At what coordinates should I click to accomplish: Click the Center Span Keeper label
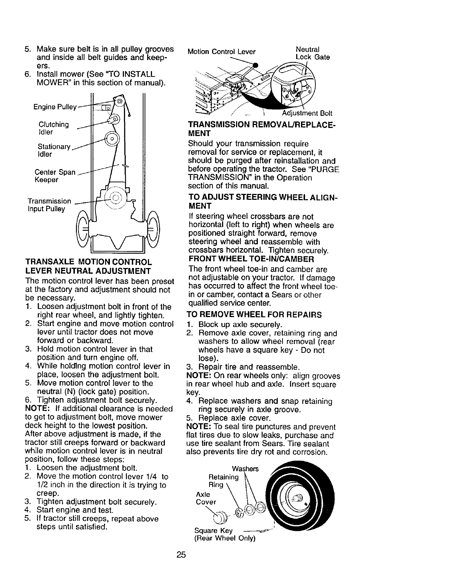(x=55, y=176)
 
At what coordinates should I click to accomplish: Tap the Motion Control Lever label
(x=221, y=52)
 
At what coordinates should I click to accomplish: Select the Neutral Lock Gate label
(x=312, y=53)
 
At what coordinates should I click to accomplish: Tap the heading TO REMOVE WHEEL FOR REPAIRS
(x=255, y=315)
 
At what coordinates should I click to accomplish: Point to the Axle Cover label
(x=205, y=498)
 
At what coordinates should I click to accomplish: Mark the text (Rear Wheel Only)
(x=225, y=538)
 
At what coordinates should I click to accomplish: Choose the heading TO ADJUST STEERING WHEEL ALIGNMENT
(x=263, y=201)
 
